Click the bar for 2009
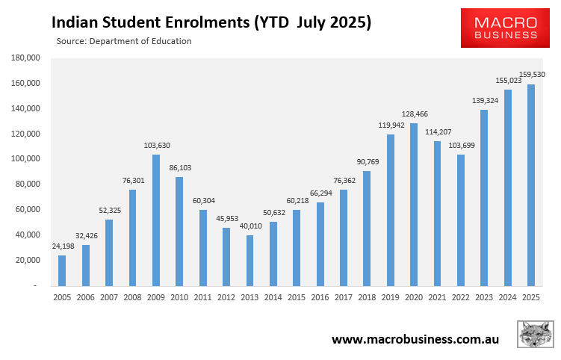coord(156,220)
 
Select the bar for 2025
coord(531,184)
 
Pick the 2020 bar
coord(414,204)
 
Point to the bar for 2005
coord(62,270)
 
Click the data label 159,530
coord(533,75)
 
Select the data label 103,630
coord(157,145)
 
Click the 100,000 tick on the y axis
coord(24,159)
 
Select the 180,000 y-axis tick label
coord(24,58)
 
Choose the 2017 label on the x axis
coord(343,297)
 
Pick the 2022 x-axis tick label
coord(460,297)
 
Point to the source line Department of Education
coord(124,41)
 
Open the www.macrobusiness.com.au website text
coord(415,339)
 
